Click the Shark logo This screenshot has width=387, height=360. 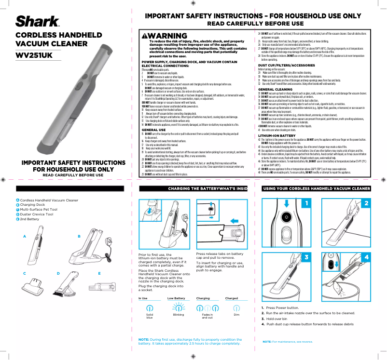pos(38,22)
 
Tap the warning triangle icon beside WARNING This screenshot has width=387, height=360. pos(145,36)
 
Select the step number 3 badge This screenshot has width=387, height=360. pos(305,257)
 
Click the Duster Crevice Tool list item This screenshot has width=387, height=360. pos(34,214)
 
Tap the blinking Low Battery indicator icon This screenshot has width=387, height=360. pos(179,307)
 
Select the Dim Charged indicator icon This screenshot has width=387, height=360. pos(236,307)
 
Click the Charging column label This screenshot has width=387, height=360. pos(203,299)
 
